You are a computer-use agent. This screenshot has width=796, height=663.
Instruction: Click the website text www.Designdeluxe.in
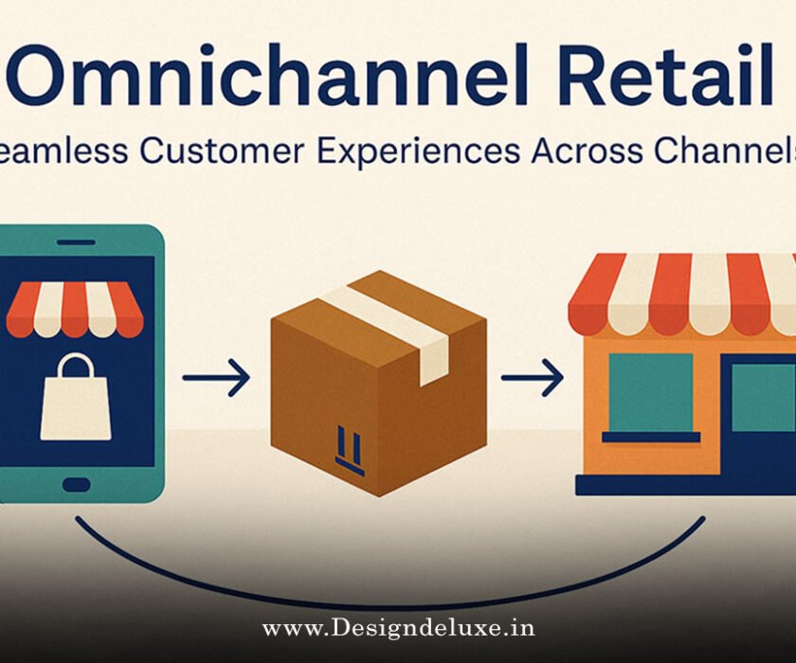(398, 628)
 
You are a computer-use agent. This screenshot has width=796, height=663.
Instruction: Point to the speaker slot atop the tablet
(76, 242)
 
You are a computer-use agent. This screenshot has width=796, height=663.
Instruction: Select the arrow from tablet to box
(217, 379)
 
